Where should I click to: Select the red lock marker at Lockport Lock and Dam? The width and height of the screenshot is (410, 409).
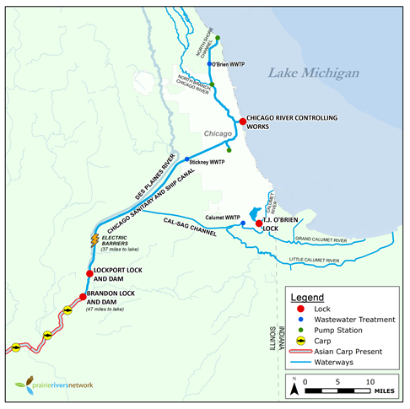[x=89, y=273]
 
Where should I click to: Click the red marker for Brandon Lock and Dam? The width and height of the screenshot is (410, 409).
[x=82, y=296]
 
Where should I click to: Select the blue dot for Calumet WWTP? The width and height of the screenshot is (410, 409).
[x=243, y=223]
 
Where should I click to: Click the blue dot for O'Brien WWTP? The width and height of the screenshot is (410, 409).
[x=208, y=63]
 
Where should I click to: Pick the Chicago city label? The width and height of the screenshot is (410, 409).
[x=218, y=134]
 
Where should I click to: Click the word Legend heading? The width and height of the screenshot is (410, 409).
[x=308, y=298]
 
